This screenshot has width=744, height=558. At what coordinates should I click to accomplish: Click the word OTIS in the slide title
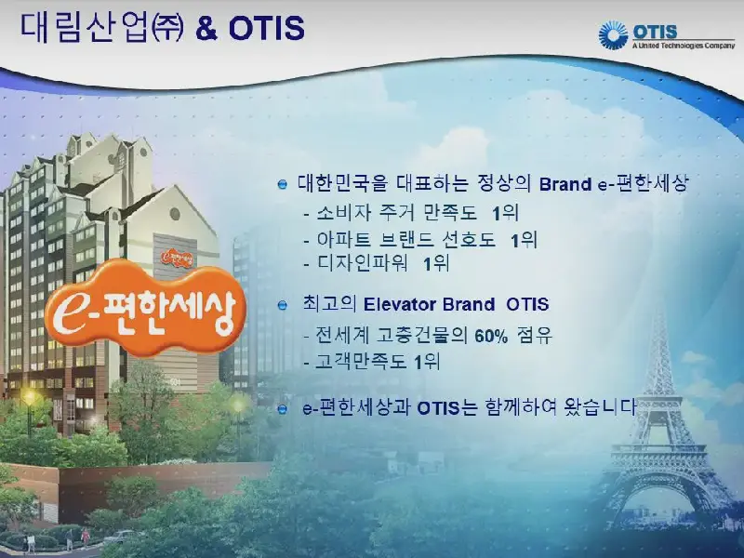tap(267, 28)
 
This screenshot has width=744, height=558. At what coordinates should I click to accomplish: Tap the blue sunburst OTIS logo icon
tap(613, 35)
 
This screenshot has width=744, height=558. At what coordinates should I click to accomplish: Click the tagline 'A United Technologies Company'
tap(684, 46)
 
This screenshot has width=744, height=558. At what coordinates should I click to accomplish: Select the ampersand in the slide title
tap(206, 29)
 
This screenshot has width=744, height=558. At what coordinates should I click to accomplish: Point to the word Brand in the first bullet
tap(565, 184)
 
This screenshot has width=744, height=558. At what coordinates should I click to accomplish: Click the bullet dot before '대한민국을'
tap(283, 184)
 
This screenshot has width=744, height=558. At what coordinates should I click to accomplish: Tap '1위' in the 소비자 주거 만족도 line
tap(505, 213)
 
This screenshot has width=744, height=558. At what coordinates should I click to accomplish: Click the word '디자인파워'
tap(363, 263)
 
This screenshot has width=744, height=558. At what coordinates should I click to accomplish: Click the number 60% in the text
tap(491, 337)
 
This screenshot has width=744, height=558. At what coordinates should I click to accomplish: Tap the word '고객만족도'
tap(361, 362)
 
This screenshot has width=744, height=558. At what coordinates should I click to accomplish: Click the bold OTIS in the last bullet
tap(438, 408)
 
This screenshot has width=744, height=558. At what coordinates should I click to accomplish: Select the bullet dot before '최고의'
tap(283, 305)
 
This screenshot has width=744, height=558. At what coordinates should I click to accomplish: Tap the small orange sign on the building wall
tap(177, 258)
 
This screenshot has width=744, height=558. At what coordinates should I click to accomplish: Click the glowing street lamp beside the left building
tap(31, 397)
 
